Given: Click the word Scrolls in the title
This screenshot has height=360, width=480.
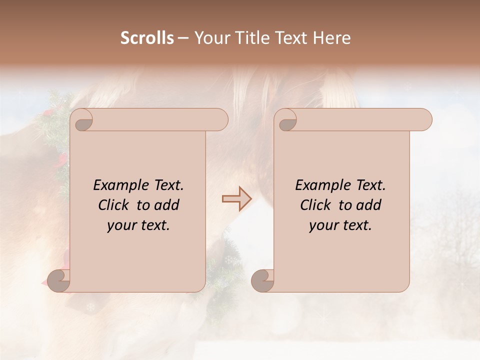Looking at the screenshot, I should point(147,38).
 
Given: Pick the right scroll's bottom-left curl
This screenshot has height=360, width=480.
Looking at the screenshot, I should point(263,281).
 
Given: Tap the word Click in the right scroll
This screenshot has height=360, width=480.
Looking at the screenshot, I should point(316,205).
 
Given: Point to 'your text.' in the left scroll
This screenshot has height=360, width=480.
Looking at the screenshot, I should point(138,225).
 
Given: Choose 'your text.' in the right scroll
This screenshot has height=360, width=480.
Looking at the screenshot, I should point(340,225).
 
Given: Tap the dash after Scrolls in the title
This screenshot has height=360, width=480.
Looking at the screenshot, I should point(183,38).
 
